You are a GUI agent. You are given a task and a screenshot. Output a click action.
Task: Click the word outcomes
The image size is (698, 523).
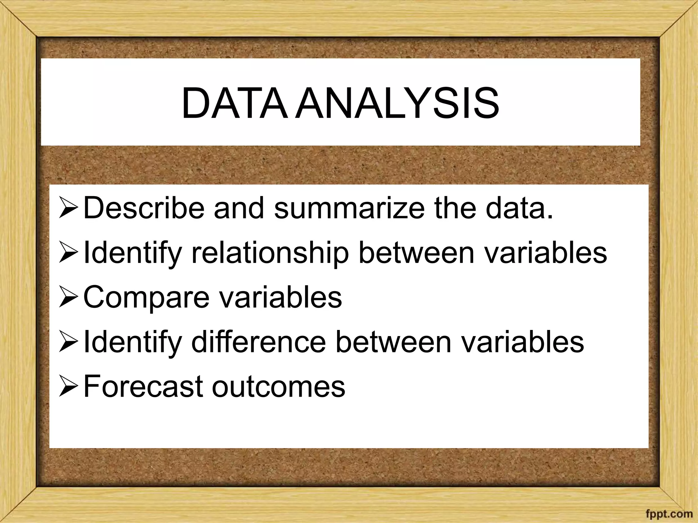(278, 387)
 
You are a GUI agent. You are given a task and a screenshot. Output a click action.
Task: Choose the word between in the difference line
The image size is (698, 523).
(393, 342)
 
